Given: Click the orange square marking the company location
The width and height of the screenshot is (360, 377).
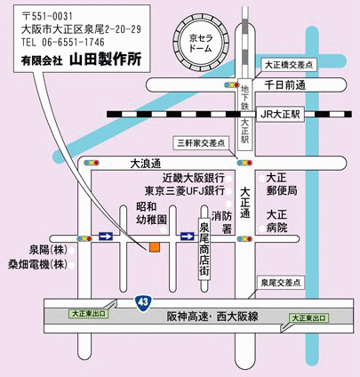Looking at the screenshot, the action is (155, 247).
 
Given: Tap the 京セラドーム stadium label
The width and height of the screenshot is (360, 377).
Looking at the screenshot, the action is (201, 43).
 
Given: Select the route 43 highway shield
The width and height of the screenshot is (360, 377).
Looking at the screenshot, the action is (143, 302).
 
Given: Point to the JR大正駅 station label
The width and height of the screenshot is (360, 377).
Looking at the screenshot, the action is (280, 115).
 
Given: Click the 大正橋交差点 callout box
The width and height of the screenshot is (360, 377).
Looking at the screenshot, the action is (289, 65).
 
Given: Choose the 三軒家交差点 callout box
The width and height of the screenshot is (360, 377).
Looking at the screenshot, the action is (201, 143).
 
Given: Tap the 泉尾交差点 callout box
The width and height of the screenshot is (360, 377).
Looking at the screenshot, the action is (281, 283).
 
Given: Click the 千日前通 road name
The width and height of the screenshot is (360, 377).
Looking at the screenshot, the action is (284, 85).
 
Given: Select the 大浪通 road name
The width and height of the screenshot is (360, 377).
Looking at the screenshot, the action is (146, 164).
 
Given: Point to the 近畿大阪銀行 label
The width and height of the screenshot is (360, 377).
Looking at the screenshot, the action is (194, 178).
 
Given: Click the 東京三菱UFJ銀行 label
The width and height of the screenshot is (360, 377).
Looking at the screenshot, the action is (185, 191).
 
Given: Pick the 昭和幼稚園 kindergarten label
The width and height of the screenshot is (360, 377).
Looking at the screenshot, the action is (151, 213).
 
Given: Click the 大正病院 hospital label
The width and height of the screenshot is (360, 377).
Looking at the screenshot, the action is (276, 221).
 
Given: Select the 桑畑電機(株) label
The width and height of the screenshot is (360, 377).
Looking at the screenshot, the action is (37, 264).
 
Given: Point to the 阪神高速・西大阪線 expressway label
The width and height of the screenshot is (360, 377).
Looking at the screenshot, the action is (212, 317).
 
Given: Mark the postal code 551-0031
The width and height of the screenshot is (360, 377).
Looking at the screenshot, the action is (47, 16).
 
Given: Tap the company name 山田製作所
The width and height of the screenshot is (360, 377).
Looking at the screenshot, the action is (106, 60).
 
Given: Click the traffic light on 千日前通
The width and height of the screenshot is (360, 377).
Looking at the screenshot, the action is (232, 85).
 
